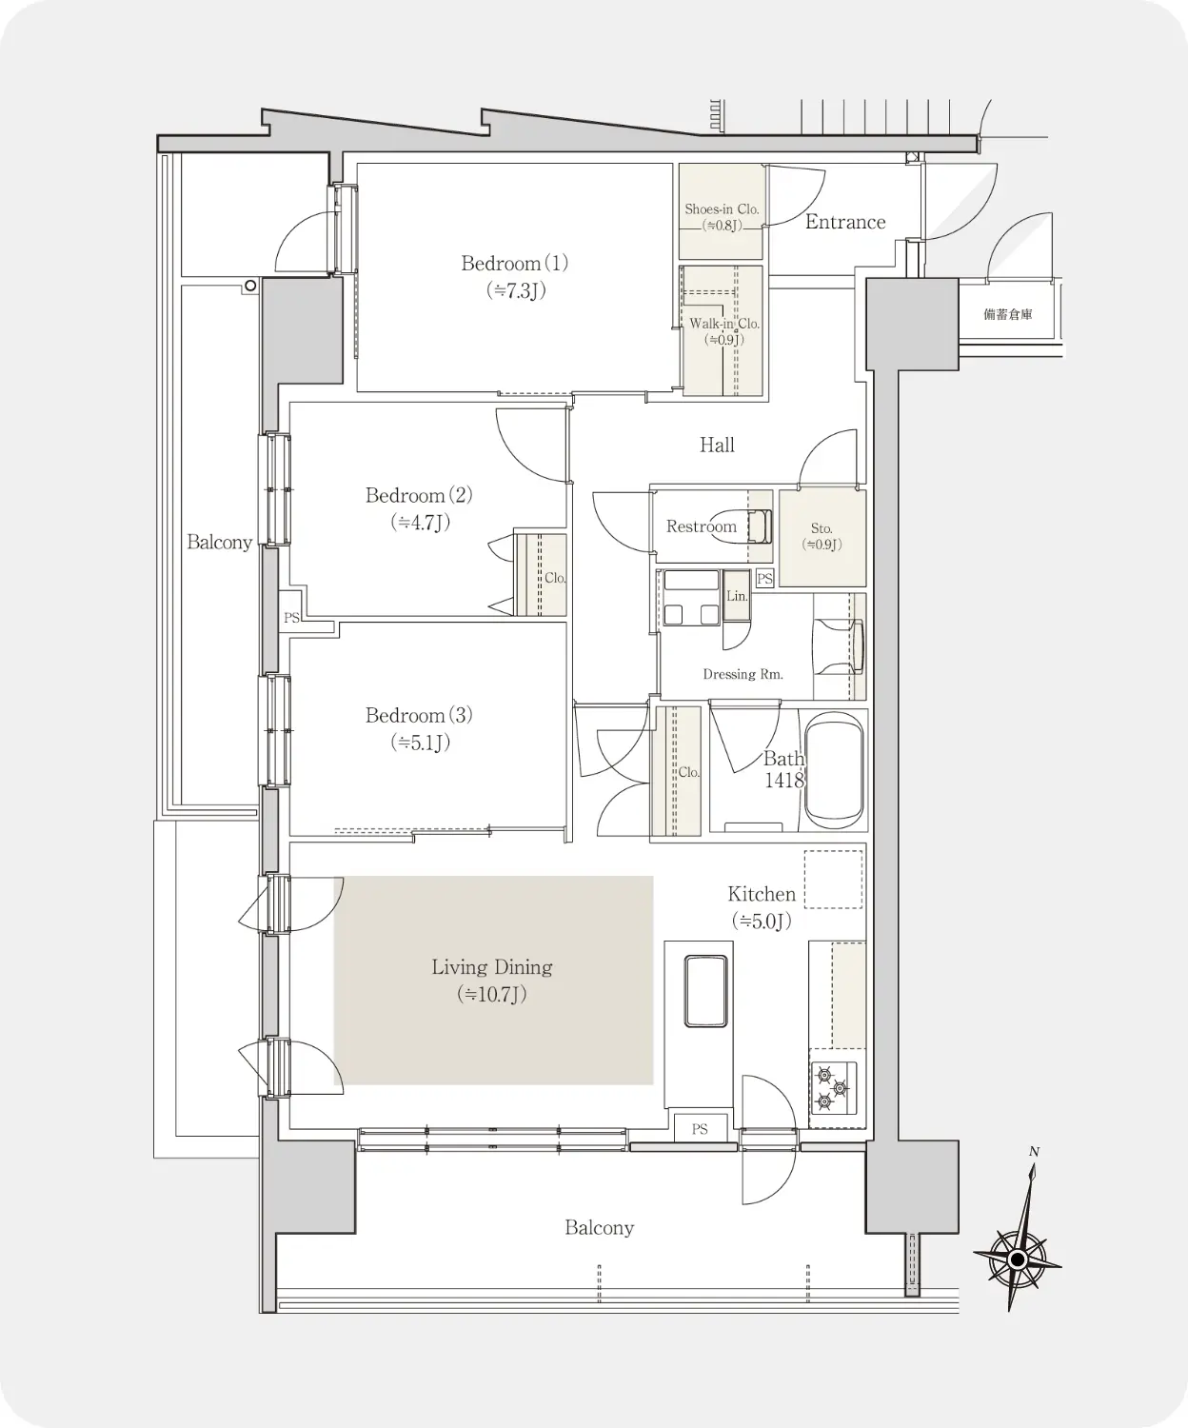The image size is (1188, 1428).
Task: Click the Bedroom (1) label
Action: pos(514,264)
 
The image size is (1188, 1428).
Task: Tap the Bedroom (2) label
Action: pos(419,495)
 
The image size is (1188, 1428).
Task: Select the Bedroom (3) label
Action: pos(419,715)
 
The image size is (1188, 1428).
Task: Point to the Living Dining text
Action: pos(492,967)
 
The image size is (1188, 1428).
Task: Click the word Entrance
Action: pos(845,222)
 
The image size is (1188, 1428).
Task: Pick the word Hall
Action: pos(717,446)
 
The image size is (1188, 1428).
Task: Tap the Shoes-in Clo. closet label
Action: pos(722,209)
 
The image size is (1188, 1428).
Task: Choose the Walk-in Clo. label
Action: pos(724,324)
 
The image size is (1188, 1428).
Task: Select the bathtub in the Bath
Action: pos(835,771)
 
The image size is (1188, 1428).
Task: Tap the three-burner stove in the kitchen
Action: pos(833,1087)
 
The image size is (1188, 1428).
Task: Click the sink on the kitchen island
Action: pos(705,991)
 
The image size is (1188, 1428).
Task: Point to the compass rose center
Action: pos(1017,1259)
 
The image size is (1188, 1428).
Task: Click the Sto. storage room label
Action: pos(822,528)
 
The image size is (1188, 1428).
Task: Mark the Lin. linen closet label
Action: pos(737,596)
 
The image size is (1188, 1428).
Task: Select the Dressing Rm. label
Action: pos(742,674)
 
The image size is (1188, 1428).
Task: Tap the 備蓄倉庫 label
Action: pos(1007,314)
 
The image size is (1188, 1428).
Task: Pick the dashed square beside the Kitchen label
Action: pos(833,880)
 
